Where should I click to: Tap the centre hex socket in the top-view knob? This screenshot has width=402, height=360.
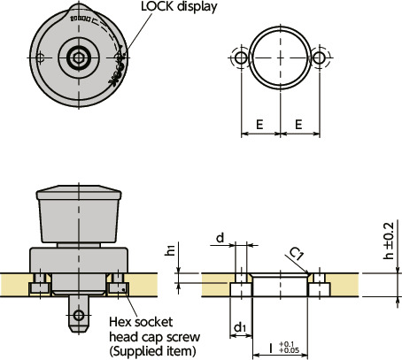(79, 57)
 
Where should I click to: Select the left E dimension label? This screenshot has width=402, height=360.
(259, 126)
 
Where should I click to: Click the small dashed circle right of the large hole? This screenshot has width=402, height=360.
(320, 57)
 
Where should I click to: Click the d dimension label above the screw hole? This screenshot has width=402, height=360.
(220, 239)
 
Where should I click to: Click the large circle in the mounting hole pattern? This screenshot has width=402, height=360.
(280, 57)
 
